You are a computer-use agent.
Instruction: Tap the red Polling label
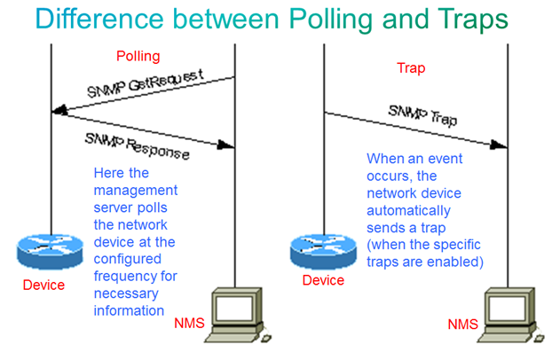(138, 57)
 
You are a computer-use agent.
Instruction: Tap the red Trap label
(409, 67)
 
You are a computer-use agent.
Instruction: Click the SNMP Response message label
(137, 145)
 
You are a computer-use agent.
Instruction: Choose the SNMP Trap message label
(422, 115)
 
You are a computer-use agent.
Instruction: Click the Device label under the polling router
(43, 285)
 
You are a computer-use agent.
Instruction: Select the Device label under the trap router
(323, 280)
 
